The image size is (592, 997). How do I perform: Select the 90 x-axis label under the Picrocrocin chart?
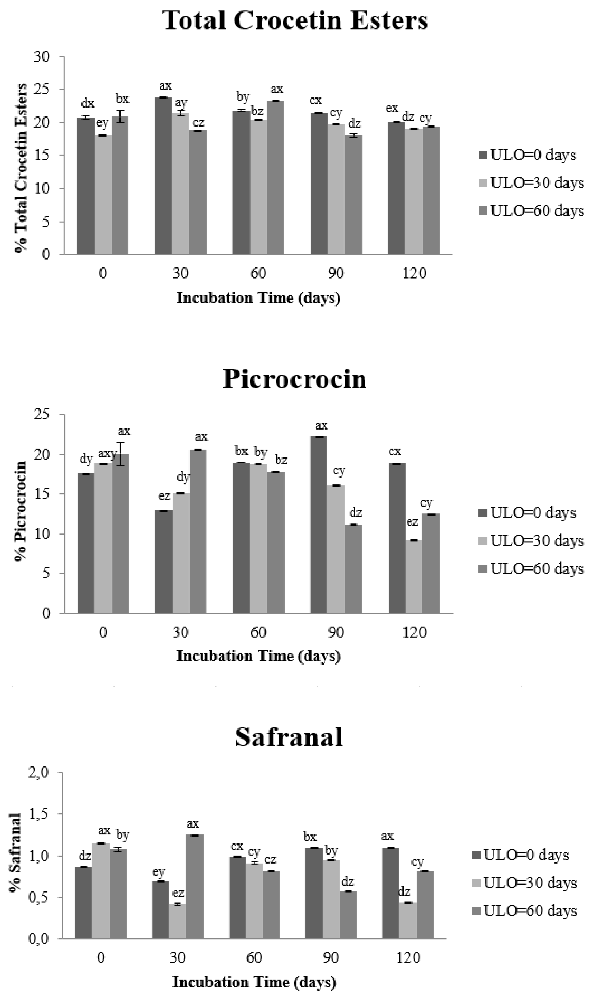(x=336, y=632)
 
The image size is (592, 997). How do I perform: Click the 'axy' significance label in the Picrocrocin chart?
(x=107, y=453)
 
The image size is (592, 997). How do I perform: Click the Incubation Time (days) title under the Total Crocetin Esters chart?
(x=258, y=298)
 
